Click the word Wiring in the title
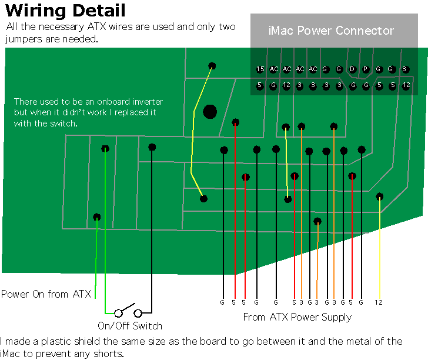[35, 12]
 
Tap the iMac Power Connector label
[331, 31]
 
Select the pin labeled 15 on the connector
[260, 69]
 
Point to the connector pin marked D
[352, 69]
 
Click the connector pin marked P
[365, 69]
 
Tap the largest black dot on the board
[210, 112]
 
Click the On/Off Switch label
[130, 326]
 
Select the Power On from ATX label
[46, 294]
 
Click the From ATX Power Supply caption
[297, 317]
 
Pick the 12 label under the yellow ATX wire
[379, 302]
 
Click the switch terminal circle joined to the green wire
[118, 313]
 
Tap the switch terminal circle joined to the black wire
[138, 313]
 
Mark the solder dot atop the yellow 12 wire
[379, 196]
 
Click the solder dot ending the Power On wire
[96, 217]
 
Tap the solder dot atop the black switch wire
[152, 147]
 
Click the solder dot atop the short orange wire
[317, 221]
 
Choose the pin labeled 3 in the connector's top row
[404, 69]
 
